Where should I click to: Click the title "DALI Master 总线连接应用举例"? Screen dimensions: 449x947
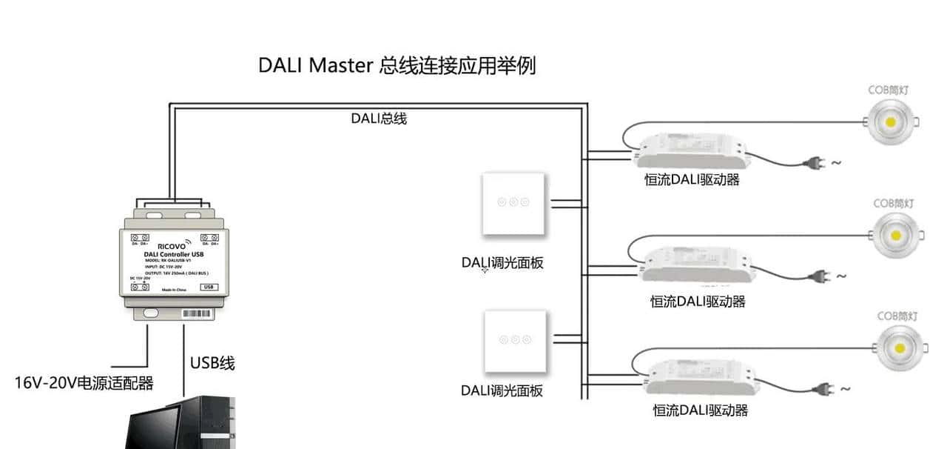(x=397, y=65)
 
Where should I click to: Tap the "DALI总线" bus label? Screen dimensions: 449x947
(x=378, y=118)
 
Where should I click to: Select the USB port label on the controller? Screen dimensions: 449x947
(x=209, y=286)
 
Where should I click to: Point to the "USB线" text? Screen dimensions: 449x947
(x=212, y=363)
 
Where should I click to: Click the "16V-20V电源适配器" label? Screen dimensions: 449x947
(x=84, y=383)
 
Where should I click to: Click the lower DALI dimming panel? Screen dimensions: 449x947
(x=516, y=340)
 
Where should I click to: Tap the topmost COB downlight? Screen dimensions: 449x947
(x=888, y=122)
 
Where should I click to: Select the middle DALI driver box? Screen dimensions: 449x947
(x=698, y=266)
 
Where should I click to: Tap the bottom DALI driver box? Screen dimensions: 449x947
(x=703, y=376)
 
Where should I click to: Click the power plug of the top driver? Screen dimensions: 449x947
(x=810, y=162)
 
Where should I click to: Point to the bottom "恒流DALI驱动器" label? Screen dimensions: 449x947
(x=700, y=410)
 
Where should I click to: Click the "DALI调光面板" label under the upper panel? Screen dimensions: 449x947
(x=502, y=262)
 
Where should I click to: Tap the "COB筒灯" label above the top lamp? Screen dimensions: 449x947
(x=888, y=90)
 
